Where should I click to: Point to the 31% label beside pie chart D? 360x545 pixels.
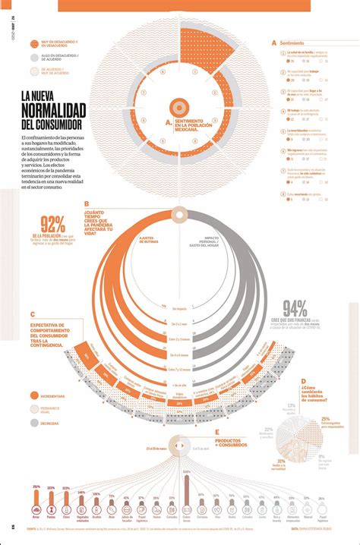(x=281, y=461)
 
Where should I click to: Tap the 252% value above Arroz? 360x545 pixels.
(x=36, y=487)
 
